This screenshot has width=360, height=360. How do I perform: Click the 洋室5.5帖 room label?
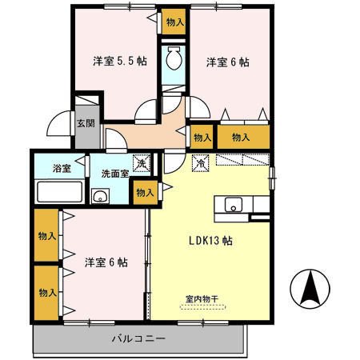(x=118, y=61)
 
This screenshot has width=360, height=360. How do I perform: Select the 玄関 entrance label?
(x=86, y=124)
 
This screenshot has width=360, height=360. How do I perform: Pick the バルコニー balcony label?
(x=138, y=339)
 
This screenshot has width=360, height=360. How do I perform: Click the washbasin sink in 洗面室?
(x=101, y=197)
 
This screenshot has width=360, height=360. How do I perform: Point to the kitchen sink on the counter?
(x=234, y=204)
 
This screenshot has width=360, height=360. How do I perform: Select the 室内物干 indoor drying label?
(x=202, y=299)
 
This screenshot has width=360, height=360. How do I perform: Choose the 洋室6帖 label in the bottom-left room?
(x=106, y=261)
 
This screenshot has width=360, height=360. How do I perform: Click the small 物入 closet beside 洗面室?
(x=145, y=192)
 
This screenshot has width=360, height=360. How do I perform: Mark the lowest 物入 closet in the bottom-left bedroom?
(x=46, y=293)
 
